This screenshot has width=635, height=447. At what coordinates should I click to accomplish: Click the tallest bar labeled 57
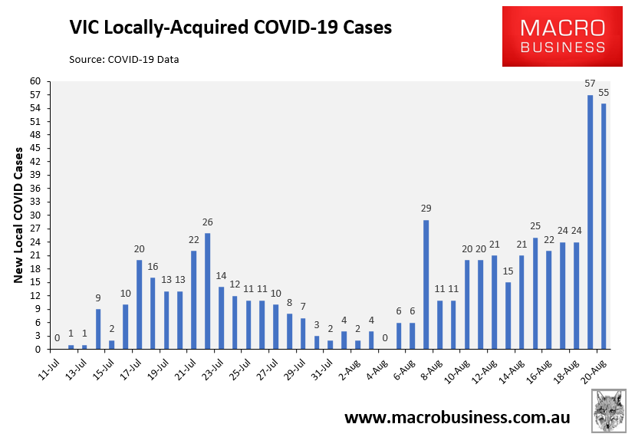pos(590,222)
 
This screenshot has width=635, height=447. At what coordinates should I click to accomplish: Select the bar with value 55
pos(604,226)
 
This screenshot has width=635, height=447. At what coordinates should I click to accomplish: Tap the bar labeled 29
pos(426,284)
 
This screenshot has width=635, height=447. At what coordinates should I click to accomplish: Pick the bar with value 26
pos(207,291)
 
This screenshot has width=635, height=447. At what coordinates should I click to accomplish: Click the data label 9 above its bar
pos(98,298)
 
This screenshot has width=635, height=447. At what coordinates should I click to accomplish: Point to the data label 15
pos(508,271)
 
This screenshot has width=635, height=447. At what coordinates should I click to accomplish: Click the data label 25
pos(535,227)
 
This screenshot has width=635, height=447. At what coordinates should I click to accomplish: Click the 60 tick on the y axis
pos(35,81)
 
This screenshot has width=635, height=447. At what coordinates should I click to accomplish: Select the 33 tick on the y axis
pos(35,202)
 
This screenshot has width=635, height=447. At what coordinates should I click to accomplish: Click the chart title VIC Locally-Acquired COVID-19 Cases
pos(231,28)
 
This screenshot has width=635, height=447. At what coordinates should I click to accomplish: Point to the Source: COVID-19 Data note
pos(123,59)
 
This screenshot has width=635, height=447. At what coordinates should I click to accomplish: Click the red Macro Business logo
pos(563,37)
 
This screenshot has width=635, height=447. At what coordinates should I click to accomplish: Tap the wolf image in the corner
pos(609,412)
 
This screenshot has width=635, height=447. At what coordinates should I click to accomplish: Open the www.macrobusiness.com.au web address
pos(457,418)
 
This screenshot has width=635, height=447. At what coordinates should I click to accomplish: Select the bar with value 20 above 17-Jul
pos(139,304)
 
